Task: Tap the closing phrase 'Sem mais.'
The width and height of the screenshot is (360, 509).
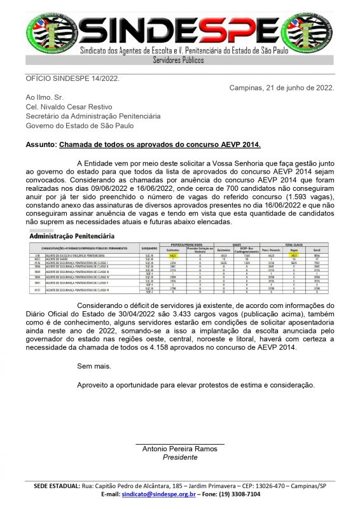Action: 93,366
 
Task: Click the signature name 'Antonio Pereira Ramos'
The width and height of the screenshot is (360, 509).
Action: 180,449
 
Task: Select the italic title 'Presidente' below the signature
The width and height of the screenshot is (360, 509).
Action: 180,457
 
